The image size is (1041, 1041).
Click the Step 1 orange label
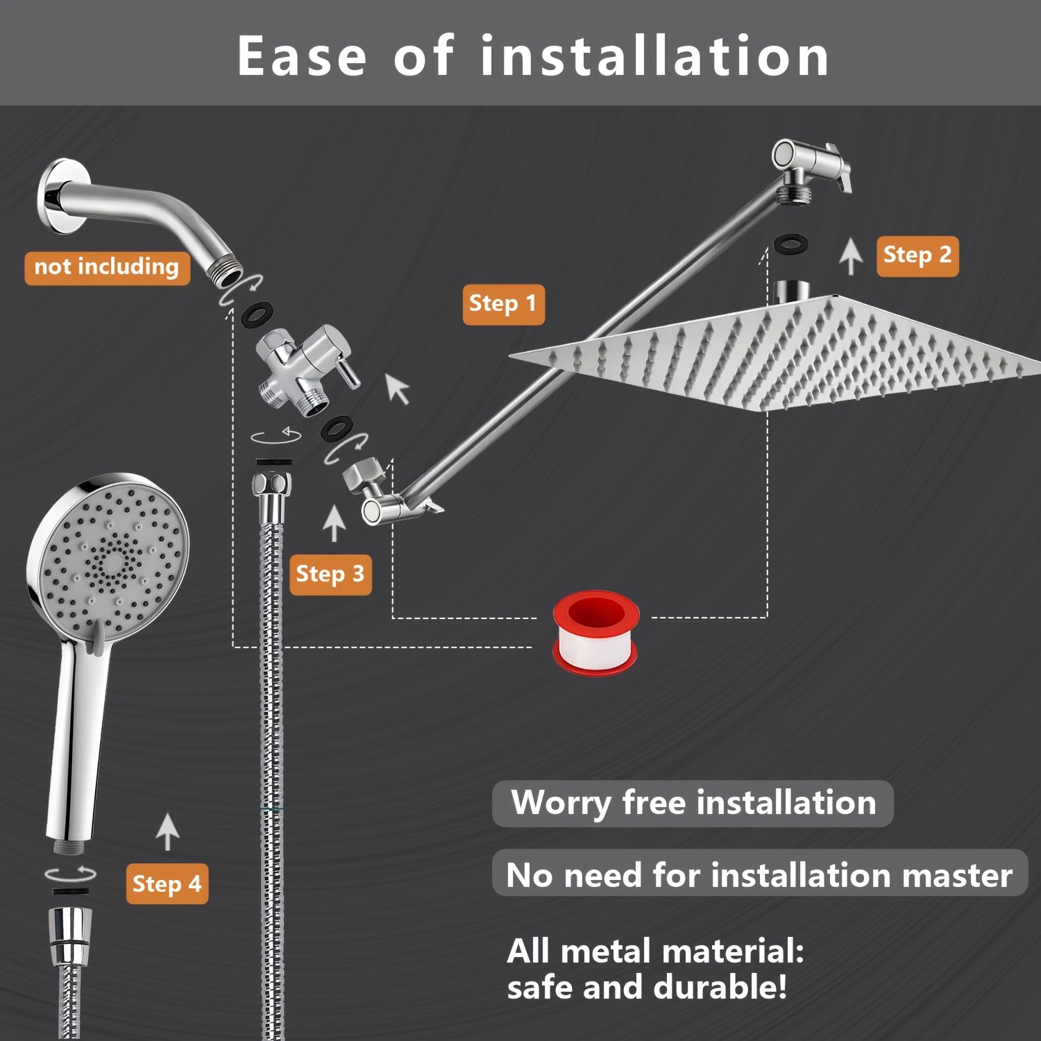coord(503,304)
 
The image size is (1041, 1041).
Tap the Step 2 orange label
coord(917,256)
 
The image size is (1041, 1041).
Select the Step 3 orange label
coord(330,575)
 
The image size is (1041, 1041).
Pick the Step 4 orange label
coord(167,884)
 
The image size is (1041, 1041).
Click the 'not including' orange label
coord(107,267)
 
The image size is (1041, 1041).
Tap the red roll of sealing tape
coord(595,632)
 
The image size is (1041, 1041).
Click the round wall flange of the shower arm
coord(57,197)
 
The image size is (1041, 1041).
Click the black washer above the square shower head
coord(791,244)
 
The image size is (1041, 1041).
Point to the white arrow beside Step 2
coord(851,255)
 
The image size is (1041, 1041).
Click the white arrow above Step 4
coord(167,831)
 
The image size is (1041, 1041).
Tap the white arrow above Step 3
coord(335,523)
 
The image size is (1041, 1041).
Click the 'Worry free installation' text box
coord(692,803)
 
